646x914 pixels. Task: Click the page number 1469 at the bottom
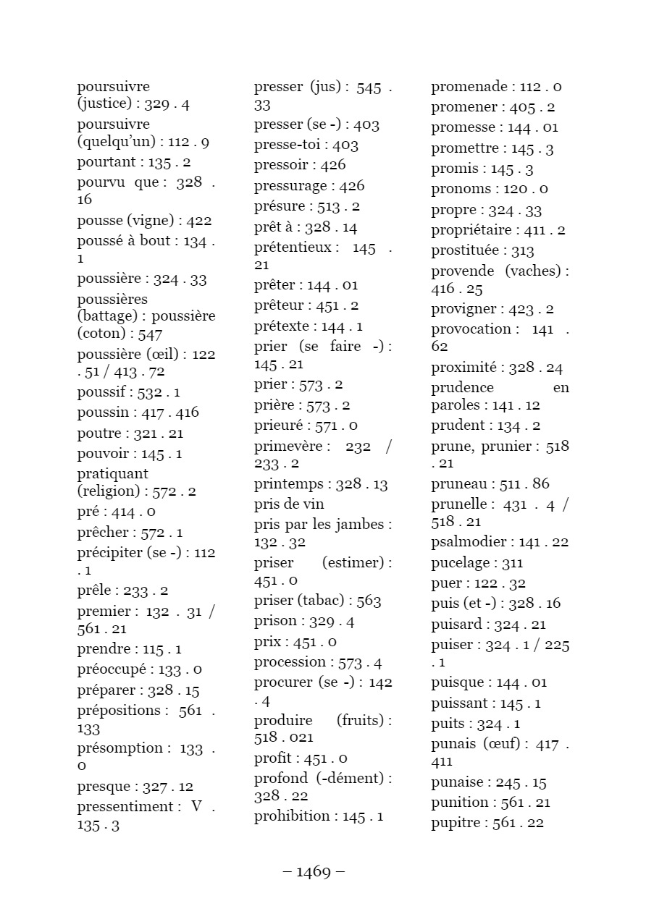point(314,871)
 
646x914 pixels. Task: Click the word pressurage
point(290,186)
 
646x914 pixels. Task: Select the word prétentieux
point(293,247)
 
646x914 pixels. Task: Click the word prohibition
point(292,816)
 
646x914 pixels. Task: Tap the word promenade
point(469,87)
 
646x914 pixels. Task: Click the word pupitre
point(458,823)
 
